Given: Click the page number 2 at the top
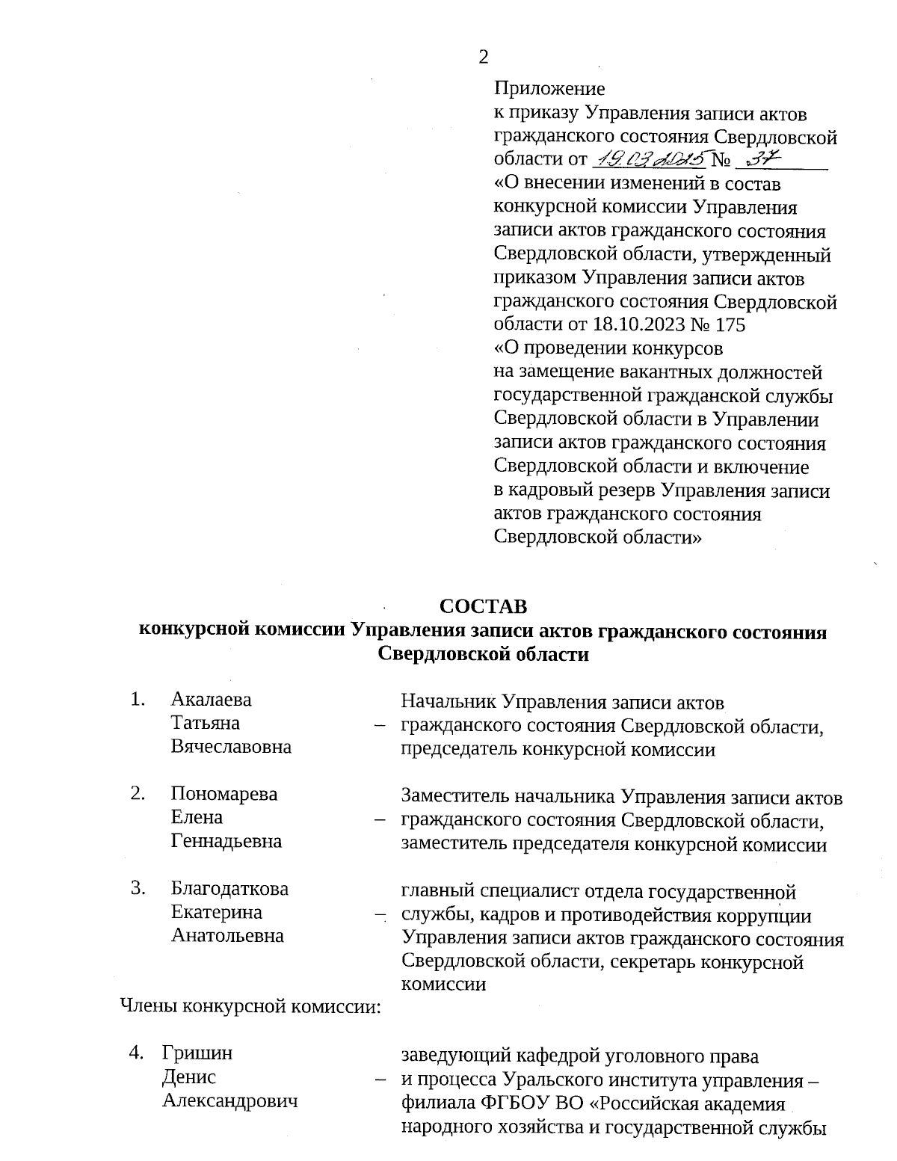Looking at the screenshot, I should [x=484, y=57].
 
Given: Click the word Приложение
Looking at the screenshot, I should [x=549, y=89].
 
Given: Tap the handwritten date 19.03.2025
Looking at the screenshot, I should [x=650, y=159].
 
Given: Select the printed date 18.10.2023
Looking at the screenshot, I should [x=650, y=325].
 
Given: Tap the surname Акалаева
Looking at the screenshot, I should [x=212, y=700].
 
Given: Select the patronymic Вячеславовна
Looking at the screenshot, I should [x=231, y=747].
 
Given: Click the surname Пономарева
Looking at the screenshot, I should [x=224, y=794].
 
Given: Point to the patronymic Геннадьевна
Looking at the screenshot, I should [x=226, y=841].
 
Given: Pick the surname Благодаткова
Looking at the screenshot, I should [x=229, y=889].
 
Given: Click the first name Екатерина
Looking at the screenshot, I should [x=216, y=912].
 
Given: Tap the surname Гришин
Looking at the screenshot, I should [x=197, y=1053].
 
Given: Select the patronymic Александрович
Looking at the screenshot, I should [x=230, y=1100].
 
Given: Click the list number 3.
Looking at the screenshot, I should [x=137, y=888].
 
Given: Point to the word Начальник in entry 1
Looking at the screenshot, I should [x=449, y=702].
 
